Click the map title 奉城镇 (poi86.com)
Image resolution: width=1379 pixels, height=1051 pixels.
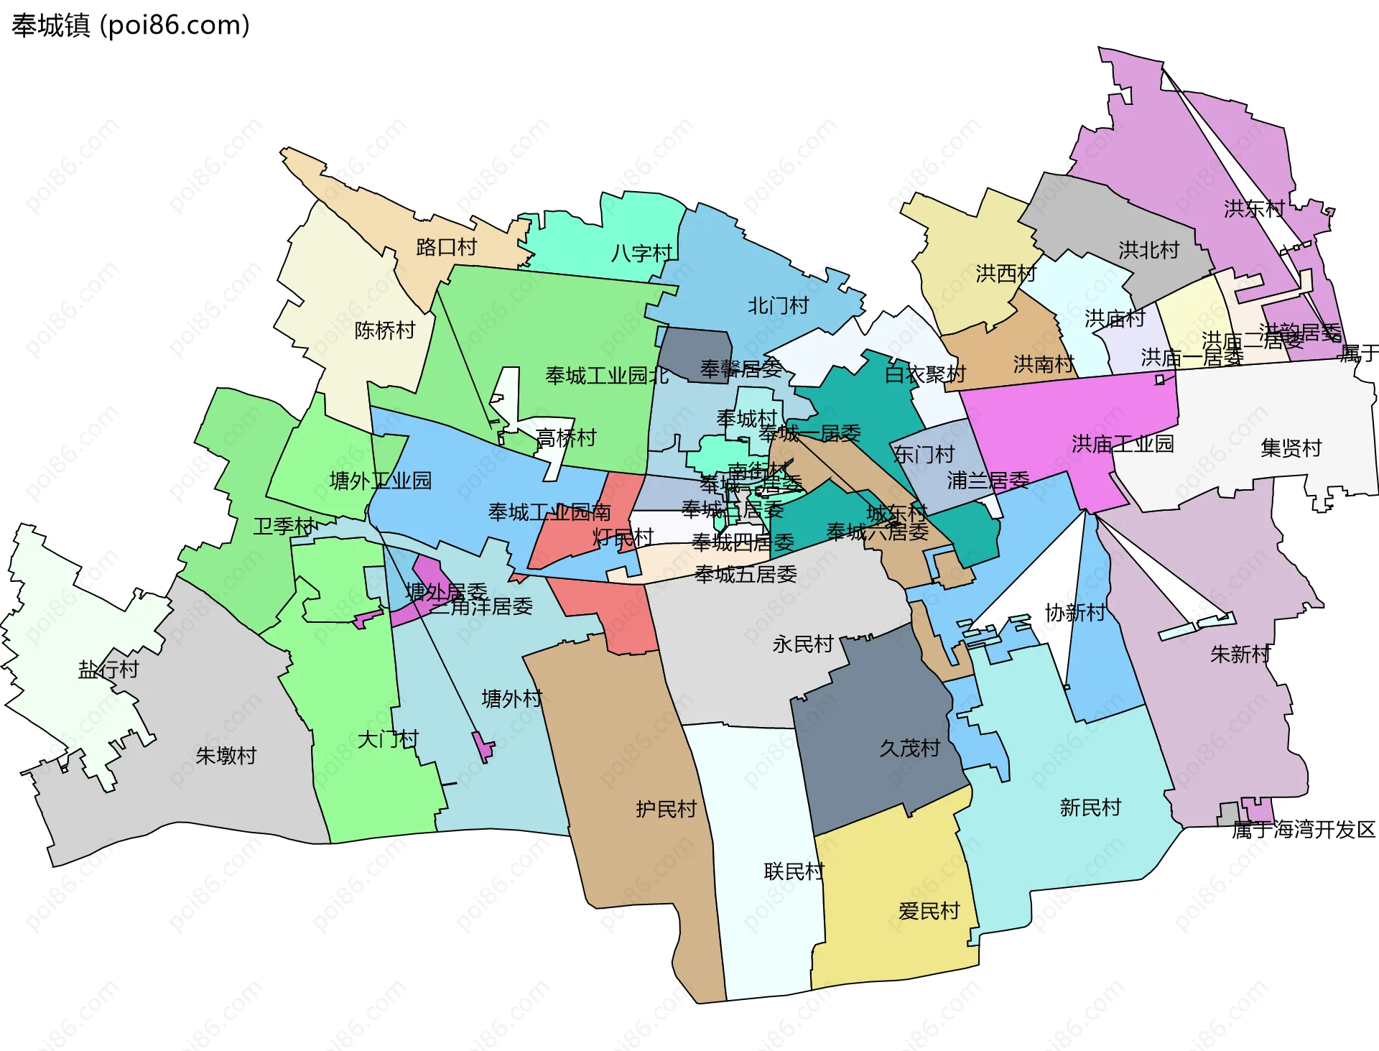[131, 25]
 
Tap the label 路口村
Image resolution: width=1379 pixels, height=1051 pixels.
[446, 247]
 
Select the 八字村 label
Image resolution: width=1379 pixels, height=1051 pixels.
[641, 253]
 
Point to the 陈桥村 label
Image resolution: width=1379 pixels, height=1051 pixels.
[385, 330]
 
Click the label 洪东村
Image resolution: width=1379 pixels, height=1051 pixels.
[1254, 208]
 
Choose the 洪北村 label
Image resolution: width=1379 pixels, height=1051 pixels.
[1148, 250]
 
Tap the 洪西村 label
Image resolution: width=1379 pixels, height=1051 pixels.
[1006, 274]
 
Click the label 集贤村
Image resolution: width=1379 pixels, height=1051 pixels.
[1291, 448]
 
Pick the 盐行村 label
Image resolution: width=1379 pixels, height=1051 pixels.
[108, 670]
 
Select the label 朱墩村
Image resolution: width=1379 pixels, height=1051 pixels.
[226, 756]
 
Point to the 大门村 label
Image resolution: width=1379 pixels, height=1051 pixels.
[388, 739]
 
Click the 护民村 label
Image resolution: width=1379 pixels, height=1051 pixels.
[666, 810]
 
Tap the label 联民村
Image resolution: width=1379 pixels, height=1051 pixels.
[794, 871]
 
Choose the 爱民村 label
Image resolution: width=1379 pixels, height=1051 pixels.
[929, 911]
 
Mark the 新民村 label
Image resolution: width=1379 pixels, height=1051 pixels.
[1090, 807]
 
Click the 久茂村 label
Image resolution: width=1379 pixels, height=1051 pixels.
[909, 749]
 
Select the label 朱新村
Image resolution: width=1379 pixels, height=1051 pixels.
[1240, 654]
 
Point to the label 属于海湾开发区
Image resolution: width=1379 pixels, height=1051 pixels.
[1303, 830]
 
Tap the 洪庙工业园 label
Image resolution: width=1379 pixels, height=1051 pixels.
[1122, 444]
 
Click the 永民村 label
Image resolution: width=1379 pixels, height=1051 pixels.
[802, 644]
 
